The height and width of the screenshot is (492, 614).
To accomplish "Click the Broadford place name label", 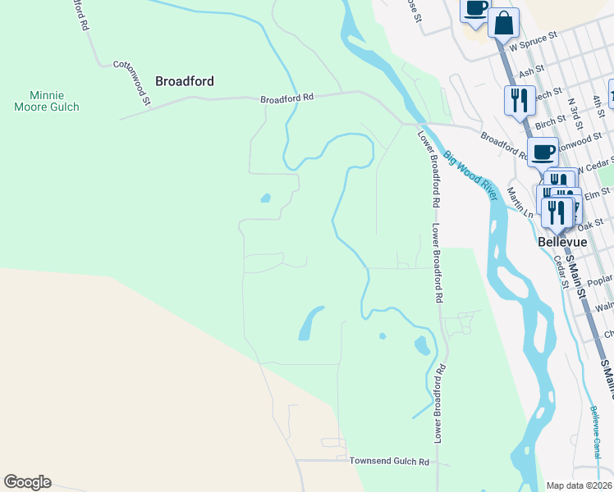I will pyautogui.click(x=185, y=81).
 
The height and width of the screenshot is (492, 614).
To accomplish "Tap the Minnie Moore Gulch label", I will pyautogui.click(x=47, y=101).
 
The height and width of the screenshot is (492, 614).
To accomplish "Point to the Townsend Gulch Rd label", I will pyautogui.click(x=389, y=462).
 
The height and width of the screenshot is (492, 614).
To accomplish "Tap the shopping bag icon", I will pyautogui.click(x=503, y=23).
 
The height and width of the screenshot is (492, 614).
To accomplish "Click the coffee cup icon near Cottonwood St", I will pyautogui.click(x=543, y=152).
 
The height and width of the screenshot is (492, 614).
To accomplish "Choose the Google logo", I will pyautogui.click(x=27, y=482).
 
